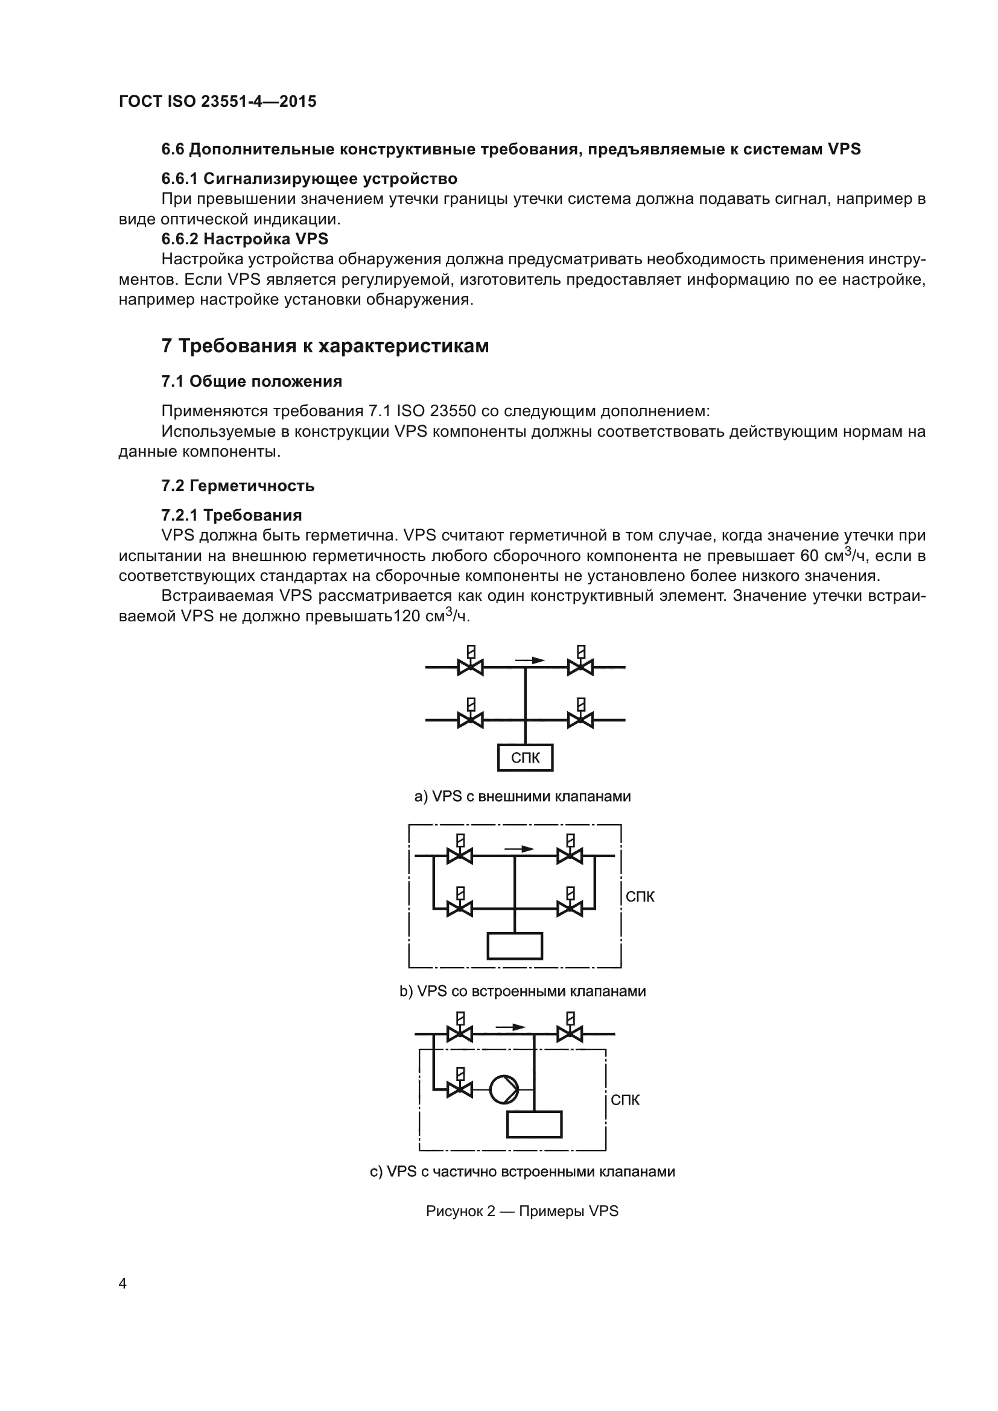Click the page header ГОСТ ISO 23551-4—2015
click(x=218, y=101)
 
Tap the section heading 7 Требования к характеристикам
click(x=325, y=346)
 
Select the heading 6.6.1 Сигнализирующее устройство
click(x=309, y=179)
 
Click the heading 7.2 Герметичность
click(x=238, y=486)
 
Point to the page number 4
click(x=122, y=1284)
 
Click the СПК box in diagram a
click(x=525, y=758)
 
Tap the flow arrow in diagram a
click(x=529, y=661)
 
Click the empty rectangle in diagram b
click(x=514, y=946)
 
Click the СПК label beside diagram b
click(x=640, y=896)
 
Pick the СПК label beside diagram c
click(x=625, y=1100)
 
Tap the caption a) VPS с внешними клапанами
click(x=523, y=796)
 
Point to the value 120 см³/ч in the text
click(x=431, y=616)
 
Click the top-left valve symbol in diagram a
click(x=471, y=666)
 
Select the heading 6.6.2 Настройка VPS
click(x=244, y=238)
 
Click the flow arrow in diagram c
click(x=510, y=1027)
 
